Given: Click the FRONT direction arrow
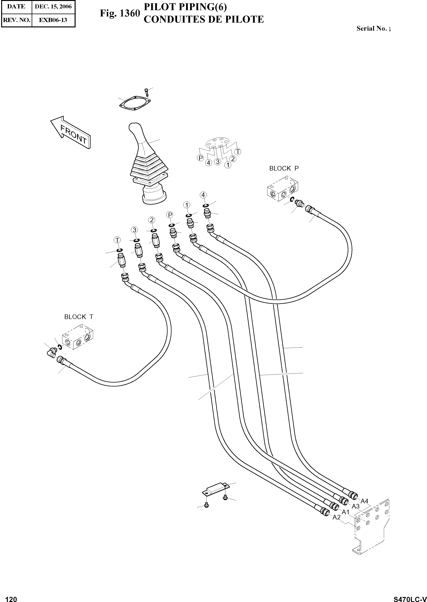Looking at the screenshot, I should pyautogui.click(x=70, y=133).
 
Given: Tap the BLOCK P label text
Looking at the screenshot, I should pyautogui.click(x=284, y=169).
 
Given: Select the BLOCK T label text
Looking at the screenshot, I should pyautogui.click(x=79, y=317).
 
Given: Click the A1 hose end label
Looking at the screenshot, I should pyautogui.click(x=345, y=512).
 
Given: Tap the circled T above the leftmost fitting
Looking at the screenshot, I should pyautogui.click(x=117, y=240).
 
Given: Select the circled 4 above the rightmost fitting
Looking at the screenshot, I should pyautogui.click(x=203, y=195).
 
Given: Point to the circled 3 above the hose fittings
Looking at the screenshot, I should pyautogui.click(x=134, y=230).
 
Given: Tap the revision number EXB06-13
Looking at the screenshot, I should pyautogui.click(x=53, y=20).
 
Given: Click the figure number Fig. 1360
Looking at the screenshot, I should pyautogui.click(x=120, y=13).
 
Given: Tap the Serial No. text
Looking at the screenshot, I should pyautogui.click(x=373, y=29).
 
